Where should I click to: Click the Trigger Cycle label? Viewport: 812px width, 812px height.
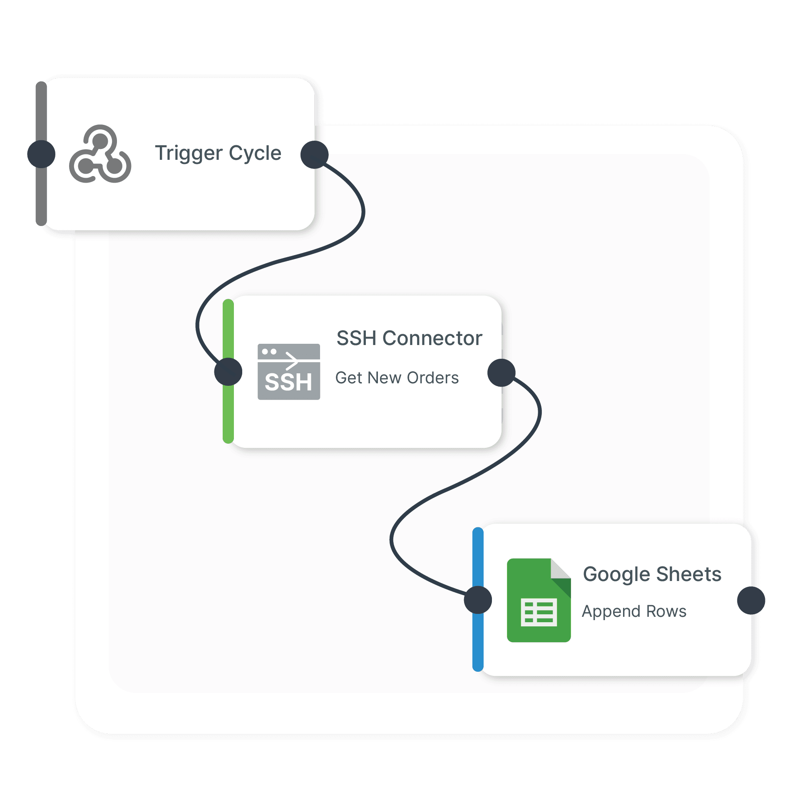coord(218,153)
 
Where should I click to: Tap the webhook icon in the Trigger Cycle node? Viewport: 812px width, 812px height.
coord(100,154)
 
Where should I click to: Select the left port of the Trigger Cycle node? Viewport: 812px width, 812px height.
coord(41,154)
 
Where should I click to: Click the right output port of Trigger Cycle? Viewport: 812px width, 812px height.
coord(314,154)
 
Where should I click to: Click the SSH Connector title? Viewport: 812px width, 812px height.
coord(409,338)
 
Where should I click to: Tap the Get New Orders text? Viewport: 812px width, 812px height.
coord(397,378)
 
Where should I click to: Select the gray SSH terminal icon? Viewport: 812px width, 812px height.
coord(289,372)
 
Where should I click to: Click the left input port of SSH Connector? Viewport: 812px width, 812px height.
coord(228,372)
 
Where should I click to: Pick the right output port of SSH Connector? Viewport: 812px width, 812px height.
coord(501,372)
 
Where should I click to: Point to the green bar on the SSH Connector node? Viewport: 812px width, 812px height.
coord(228,412)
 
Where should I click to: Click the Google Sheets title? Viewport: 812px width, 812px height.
coord(652,574)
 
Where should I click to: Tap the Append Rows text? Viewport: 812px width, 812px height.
coord(634,611)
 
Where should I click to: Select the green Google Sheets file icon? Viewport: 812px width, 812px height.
coord(539,600)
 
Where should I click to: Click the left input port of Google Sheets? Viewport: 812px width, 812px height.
coord(478,600)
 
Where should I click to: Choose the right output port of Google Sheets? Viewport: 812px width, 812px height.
coord(751,600)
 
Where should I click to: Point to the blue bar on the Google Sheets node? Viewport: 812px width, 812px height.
coord(478,643)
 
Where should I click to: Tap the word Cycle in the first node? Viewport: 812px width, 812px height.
coord(255,153)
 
